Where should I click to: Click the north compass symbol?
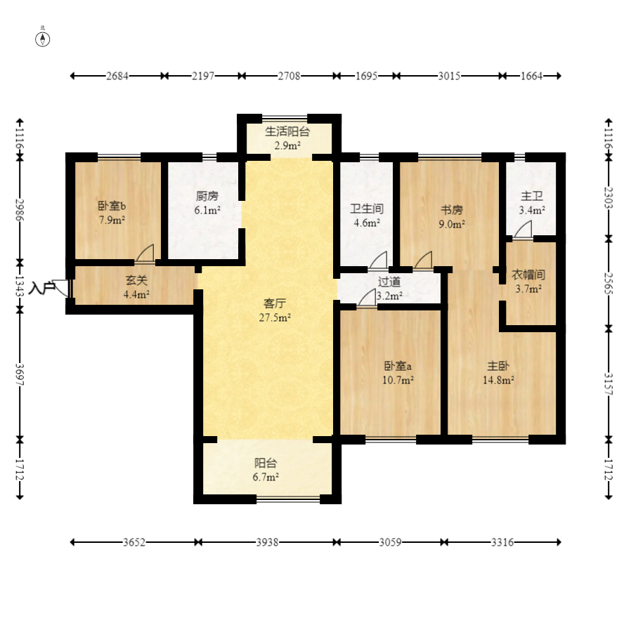43,39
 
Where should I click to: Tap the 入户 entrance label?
41,288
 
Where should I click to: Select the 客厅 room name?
275,303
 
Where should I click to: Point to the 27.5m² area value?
275,317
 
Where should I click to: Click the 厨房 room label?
207,196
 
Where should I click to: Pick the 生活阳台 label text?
287,131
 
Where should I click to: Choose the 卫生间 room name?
367,209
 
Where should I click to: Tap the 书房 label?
452,210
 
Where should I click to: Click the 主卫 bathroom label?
532,196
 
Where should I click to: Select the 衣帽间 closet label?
528,275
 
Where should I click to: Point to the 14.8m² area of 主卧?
499,380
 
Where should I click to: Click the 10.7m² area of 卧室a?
398,380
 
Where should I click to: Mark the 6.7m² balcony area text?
266,478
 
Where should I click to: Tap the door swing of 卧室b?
145,253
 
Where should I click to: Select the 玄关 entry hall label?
136,280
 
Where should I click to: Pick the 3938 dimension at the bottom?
267,542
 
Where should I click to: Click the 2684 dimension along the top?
117,76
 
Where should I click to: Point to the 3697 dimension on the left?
20,375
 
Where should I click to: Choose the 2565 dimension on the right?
609,284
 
